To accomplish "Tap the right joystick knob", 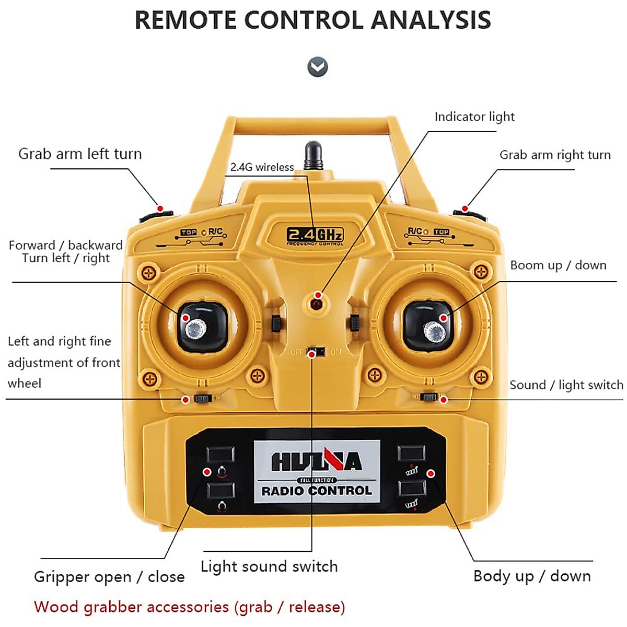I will point(434,331).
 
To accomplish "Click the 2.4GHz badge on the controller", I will point(315,235).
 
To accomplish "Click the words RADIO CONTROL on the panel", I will point(317,491).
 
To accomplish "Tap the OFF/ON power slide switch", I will point(316,351).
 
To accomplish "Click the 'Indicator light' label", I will point(474,117).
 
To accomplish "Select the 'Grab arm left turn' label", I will point(80,154).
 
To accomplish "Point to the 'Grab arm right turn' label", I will point(555,155).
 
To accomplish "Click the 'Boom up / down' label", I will point(558,265).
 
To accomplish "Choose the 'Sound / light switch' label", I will point(566,385).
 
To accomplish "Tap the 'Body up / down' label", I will point(532,576).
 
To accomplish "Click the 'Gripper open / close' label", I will point(109,577).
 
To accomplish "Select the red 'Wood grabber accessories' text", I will point(189,607).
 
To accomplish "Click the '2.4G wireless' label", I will point(262,167).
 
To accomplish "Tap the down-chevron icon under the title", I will point(318,67).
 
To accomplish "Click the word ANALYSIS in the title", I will point(431,20).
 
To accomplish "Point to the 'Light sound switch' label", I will point(269,566).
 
